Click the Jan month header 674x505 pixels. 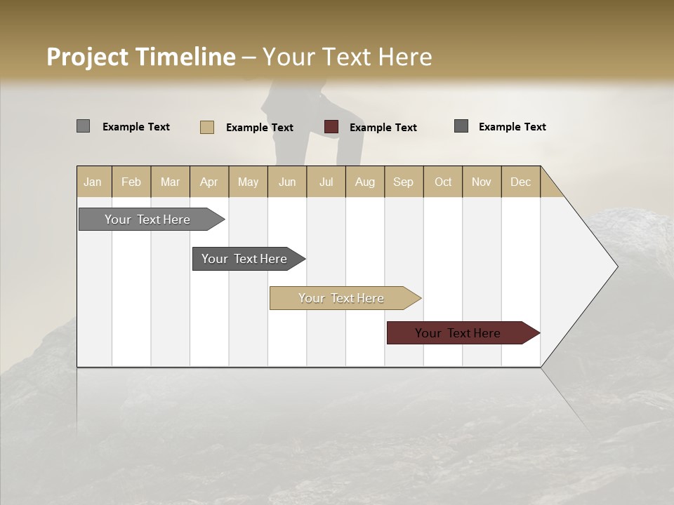pyautogui.click(x=93, y=182)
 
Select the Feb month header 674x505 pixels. pyautogui.click(x=131, y=182)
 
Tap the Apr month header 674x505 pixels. pyautogui.click(x=209, y=182)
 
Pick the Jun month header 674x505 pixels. pyautogui.click(x=287, y=182)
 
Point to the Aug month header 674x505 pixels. pyautogui.click(x=365, y=182)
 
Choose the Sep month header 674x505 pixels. pyautogui.click(x=404, y=182)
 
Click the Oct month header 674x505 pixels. pyautogui.click(x=443, y=182)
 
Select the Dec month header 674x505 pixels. pyautogui.click(x=521, y=182)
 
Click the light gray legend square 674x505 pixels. pyautogui.click(x=84, y=126)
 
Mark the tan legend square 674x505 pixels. pyautogui.click(x=207, y=127)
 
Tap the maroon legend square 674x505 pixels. pyautogui.click(x=331, y=127)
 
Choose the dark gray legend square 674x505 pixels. pyautogui.click(x=461, y=126)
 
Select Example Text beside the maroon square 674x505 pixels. pyautogui.click(x=383, y=128)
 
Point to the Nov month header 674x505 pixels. pyautogui.click(x=482, y=182)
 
